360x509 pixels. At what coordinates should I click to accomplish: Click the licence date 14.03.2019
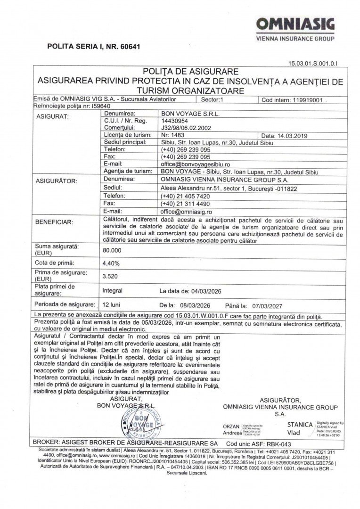(284, 135)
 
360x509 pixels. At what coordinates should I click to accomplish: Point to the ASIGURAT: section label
(52, 117)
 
